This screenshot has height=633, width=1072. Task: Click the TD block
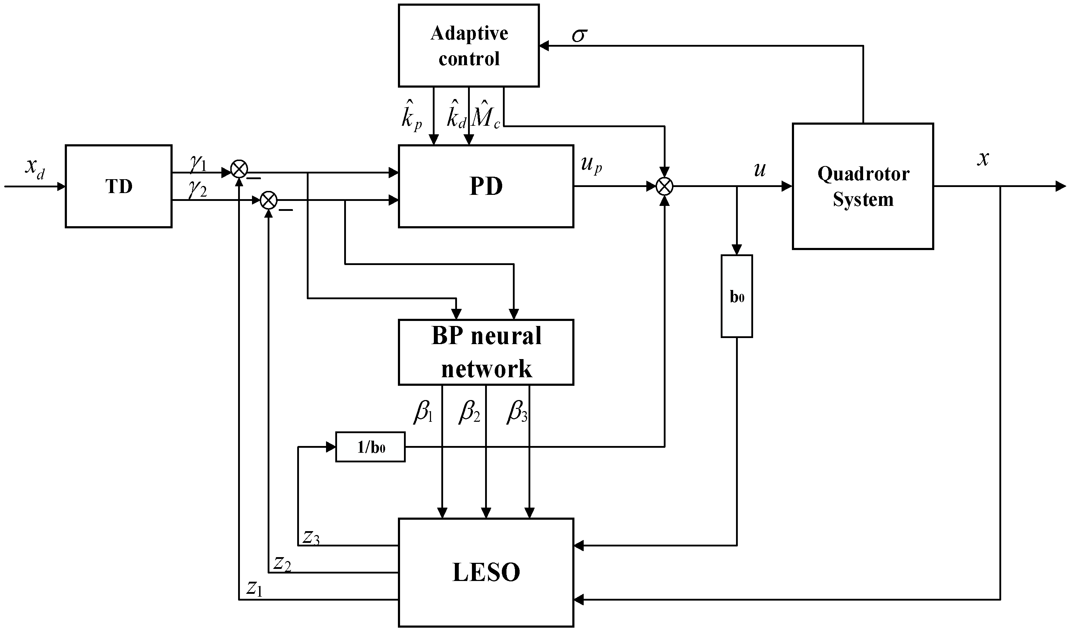(x=119, y=186)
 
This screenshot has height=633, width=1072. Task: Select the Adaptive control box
(x=469, y=46)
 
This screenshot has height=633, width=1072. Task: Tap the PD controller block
(x=486, y=186)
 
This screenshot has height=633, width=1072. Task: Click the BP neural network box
(x=486, y=352)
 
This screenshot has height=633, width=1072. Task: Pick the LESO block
(x=486, y=572)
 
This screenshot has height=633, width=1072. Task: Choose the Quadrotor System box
(x=863, y=186)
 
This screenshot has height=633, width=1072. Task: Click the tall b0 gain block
(x=737, y=296)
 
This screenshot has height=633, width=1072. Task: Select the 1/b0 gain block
(x=370, y=447)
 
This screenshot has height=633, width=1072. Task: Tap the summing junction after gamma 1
(x=239, y=169)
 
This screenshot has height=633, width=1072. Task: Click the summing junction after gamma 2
(x=268, y=199)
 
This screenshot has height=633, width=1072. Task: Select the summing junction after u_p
(x=664, y=186)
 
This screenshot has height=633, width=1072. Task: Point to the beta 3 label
(x=517, y=412)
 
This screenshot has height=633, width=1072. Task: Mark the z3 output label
(x=311, y=538)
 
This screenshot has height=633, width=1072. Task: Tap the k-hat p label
(x=411, y=114)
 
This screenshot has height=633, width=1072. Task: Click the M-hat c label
(x=486, y=114)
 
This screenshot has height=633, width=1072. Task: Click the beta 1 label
(x=423, y=412)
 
